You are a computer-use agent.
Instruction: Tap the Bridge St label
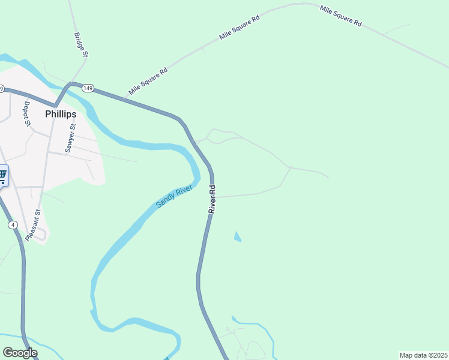click(81, 45)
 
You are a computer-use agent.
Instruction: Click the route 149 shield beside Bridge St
click(88, 88)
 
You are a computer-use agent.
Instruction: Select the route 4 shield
click(12, 224)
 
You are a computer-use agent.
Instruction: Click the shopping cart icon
click(3, 176)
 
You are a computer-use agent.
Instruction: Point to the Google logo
click(20, 353)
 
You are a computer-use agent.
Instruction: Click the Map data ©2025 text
click(423, 355)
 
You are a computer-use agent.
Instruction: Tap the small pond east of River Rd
click(237, 237)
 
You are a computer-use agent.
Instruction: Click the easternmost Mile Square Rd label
click(340, 16)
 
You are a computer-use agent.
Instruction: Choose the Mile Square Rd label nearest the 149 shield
click(148, 82)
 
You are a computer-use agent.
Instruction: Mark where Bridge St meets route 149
click(72, 83)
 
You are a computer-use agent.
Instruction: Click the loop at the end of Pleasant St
click(41, 236)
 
